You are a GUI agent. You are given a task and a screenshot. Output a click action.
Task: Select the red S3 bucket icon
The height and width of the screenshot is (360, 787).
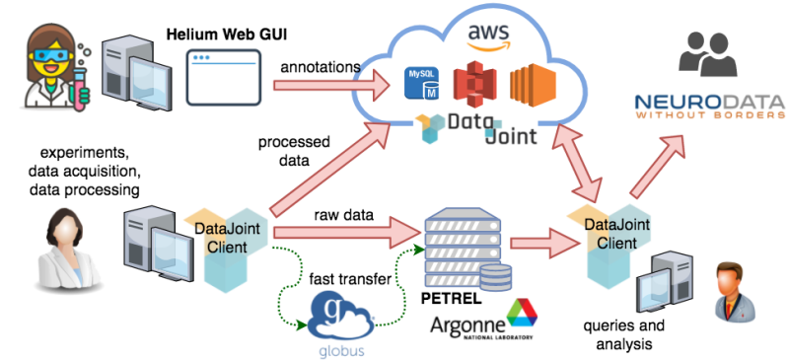pyautogui.click(x=473, y=85)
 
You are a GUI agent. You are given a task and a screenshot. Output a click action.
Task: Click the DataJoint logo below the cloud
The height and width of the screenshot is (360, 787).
pyautogui.click(x=476, y=131)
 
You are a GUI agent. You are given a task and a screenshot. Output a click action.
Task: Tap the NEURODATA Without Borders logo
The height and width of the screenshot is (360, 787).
pyautogui.click(x=709, y=107)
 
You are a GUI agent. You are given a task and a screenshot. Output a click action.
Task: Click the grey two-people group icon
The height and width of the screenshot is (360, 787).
pyautogui.click(x=709, y=55)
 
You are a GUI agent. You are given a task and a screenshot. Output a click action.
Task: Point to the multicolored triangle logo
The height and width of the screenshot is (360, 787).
pyautogui.click(x=522, y=315)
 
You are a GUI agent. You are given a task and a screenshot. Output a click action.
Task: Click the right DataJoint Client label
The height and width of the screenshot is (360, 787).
pyautogui.click(x=617, y=233)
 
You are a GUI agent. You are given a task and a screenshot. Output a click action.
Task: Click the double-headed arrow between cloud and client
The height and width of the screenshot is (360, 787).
pyautogui.click(x=584, y=160)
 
